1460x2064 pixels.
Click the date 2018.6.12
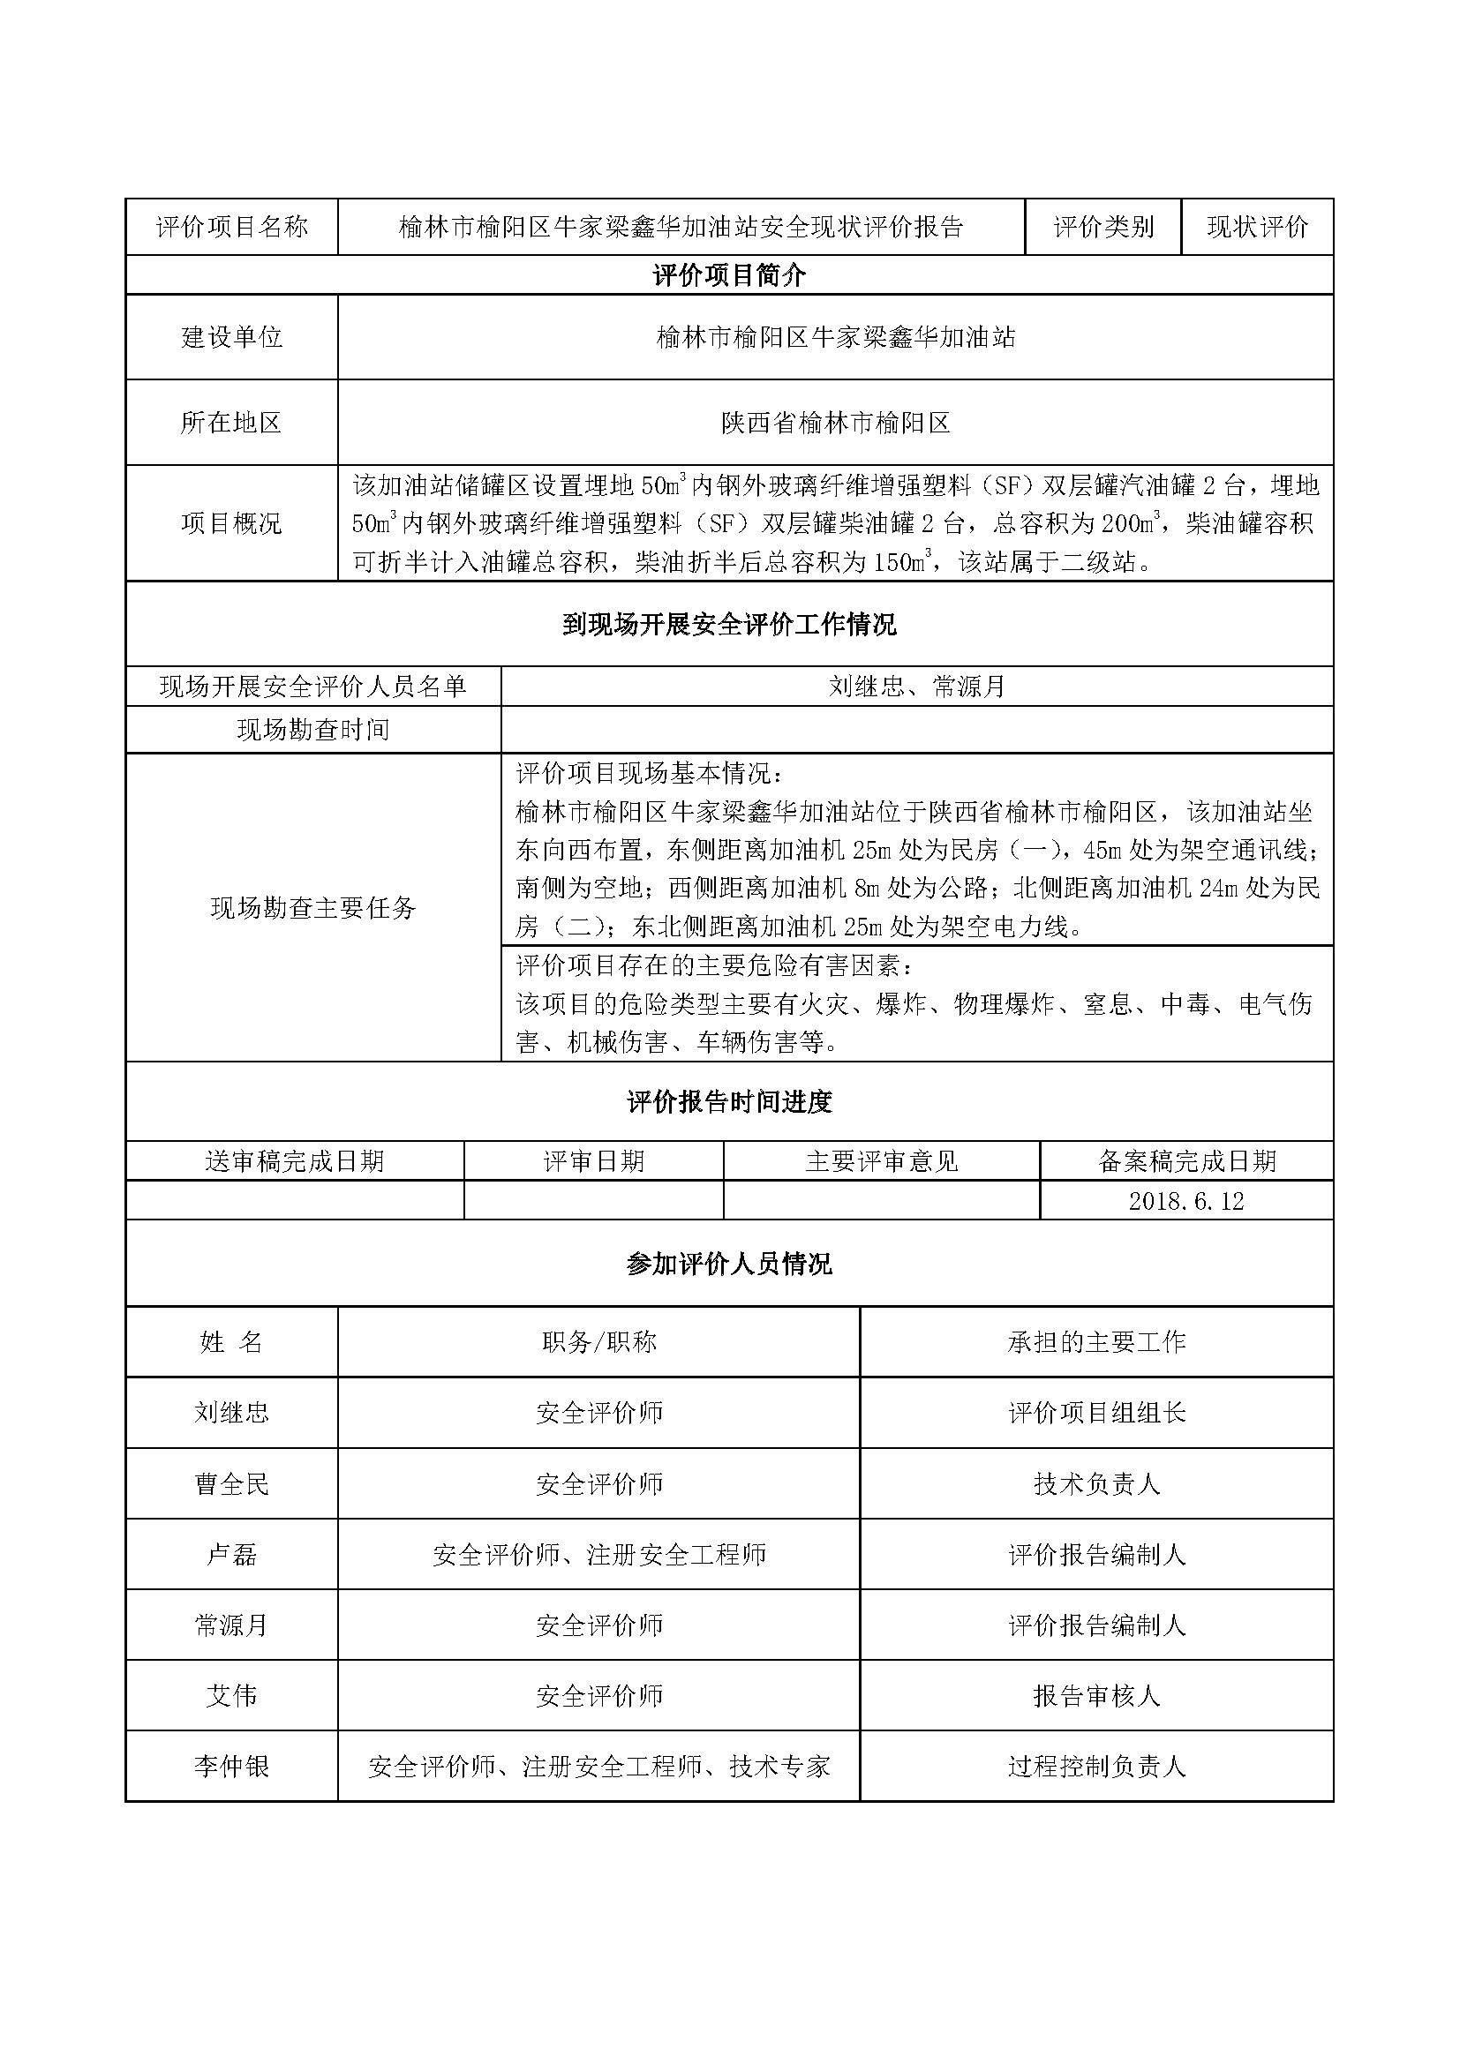tap(1185, 1201)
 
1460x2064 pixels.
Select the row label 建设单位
tap(232, 337)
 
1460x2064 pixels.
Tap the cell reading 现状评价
tap(1257, 227)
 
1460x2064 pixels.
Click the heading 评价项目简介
tap(729, 275)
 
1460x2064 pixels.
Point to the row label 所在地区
tap(232, 423)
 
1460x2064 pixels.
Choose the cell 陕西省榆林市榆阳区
tap(835, 423)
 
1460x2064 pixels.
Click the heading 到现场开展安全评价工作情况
tap(729, 624)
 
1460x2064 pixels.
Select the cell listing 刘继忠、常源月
tap(916, 687)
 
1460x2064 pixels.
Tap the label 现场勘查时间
tap(312, 729)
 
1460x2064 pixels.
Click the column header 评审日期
tap(593, 1161)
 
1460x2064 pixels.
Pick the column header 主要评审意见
tap(881, 1161)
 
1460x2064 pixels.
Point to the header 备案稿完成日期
tap(1185, 1161)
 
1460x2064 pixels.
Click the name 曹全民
tap(232, 1483)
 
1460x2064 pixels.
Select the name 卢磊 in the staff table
tap(232, 1554)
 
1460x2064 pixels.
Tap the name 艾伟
tap(232, 1696)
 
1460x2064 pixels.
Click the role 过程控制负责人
tap(1096, 1768)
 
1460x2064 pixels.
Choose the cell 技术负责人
tap(1096, 1483)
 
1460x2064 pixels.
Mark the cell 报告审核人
tap(1096, 1696)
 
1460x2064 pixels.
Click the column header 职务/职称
tap(598, 1342)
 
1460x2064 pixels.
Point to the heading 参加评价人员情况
tap(729, 1264)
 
